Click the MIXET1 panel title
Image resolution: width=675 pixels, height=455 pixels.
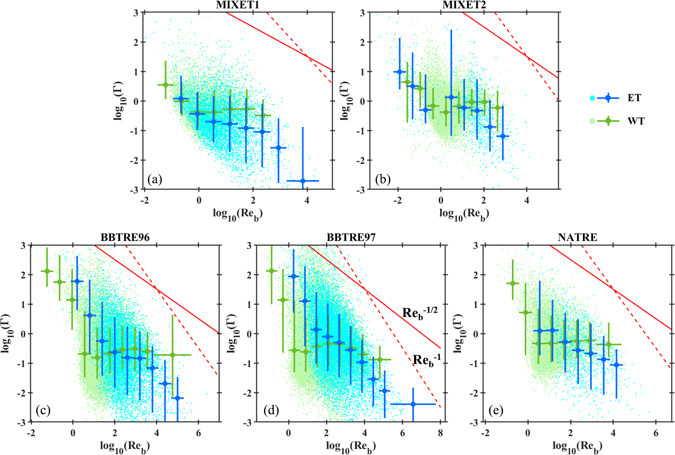[238, 5]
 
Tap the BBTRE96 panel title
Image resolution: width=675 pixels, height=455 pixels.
[125, 237]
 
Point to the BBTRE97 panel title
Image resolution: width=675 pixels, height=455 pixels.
[351, 237]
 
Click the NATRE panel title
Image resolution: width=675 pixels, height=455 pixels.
[577, 237]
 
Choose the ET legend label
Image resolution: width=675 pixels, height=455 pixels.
[634, 98]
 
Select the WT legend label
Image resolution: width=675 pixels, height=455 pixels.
[636, 121]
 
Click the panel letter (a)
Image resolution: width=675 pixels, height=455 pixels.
[155, 179]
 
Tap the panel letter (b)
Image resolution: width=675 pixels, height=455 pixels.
[383, 179]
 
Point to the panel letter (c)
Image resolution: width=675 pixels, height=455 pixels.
[43, 410]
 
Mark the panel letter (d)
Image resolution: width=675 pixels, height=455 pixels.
[271, 410]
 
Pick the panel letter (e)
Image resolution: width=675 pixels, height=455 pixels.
[496, 410]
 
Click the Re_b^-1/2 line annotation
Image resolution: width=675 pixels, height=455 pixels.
[420, 312]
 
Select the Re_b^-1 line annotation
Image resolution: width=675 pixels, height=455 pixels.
[427, 360]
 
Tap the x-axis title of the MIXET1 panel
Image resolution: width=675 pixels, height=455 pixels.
[238, 214]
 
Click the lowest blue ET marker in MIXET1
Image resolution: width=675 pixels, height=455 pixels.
[303, 181]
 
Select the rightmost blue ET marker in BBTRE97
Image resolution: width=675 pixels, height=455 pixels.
[413, 404]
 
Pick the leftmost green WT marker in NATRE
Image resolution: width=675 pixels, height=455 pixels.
[513, 284]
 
